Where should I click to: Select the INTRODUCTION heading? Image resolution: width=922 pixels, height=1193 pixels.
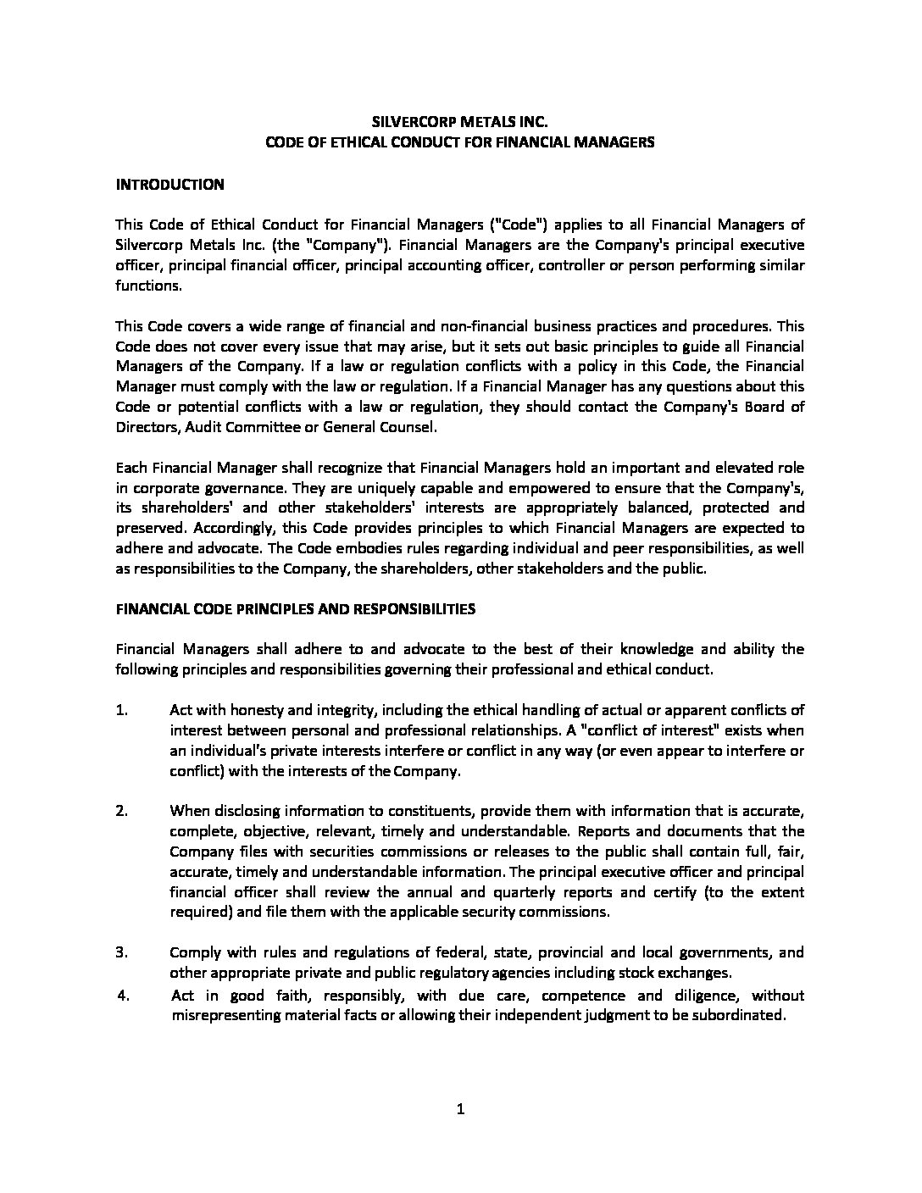click(x=169, y=184)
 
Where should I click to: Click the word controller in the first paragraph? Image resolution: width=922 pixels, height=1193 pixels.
click(x=603, y=265)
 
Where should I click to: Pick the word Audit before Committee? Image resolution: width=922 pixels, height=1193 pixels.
click(x=192, y=427)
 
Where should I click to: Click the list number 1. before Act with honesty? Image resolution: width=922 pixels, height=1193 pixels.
click(x=122, y=710)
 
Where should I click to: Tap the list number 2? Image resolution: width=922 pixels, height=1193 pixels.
click(x=122, y=811)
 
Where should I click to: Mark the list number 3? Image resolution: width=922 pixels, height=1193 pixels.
click(x=122, y=952)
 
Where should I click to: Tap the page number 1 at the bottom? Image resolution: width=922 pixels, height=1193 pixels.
click(x=461, y=1110)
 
